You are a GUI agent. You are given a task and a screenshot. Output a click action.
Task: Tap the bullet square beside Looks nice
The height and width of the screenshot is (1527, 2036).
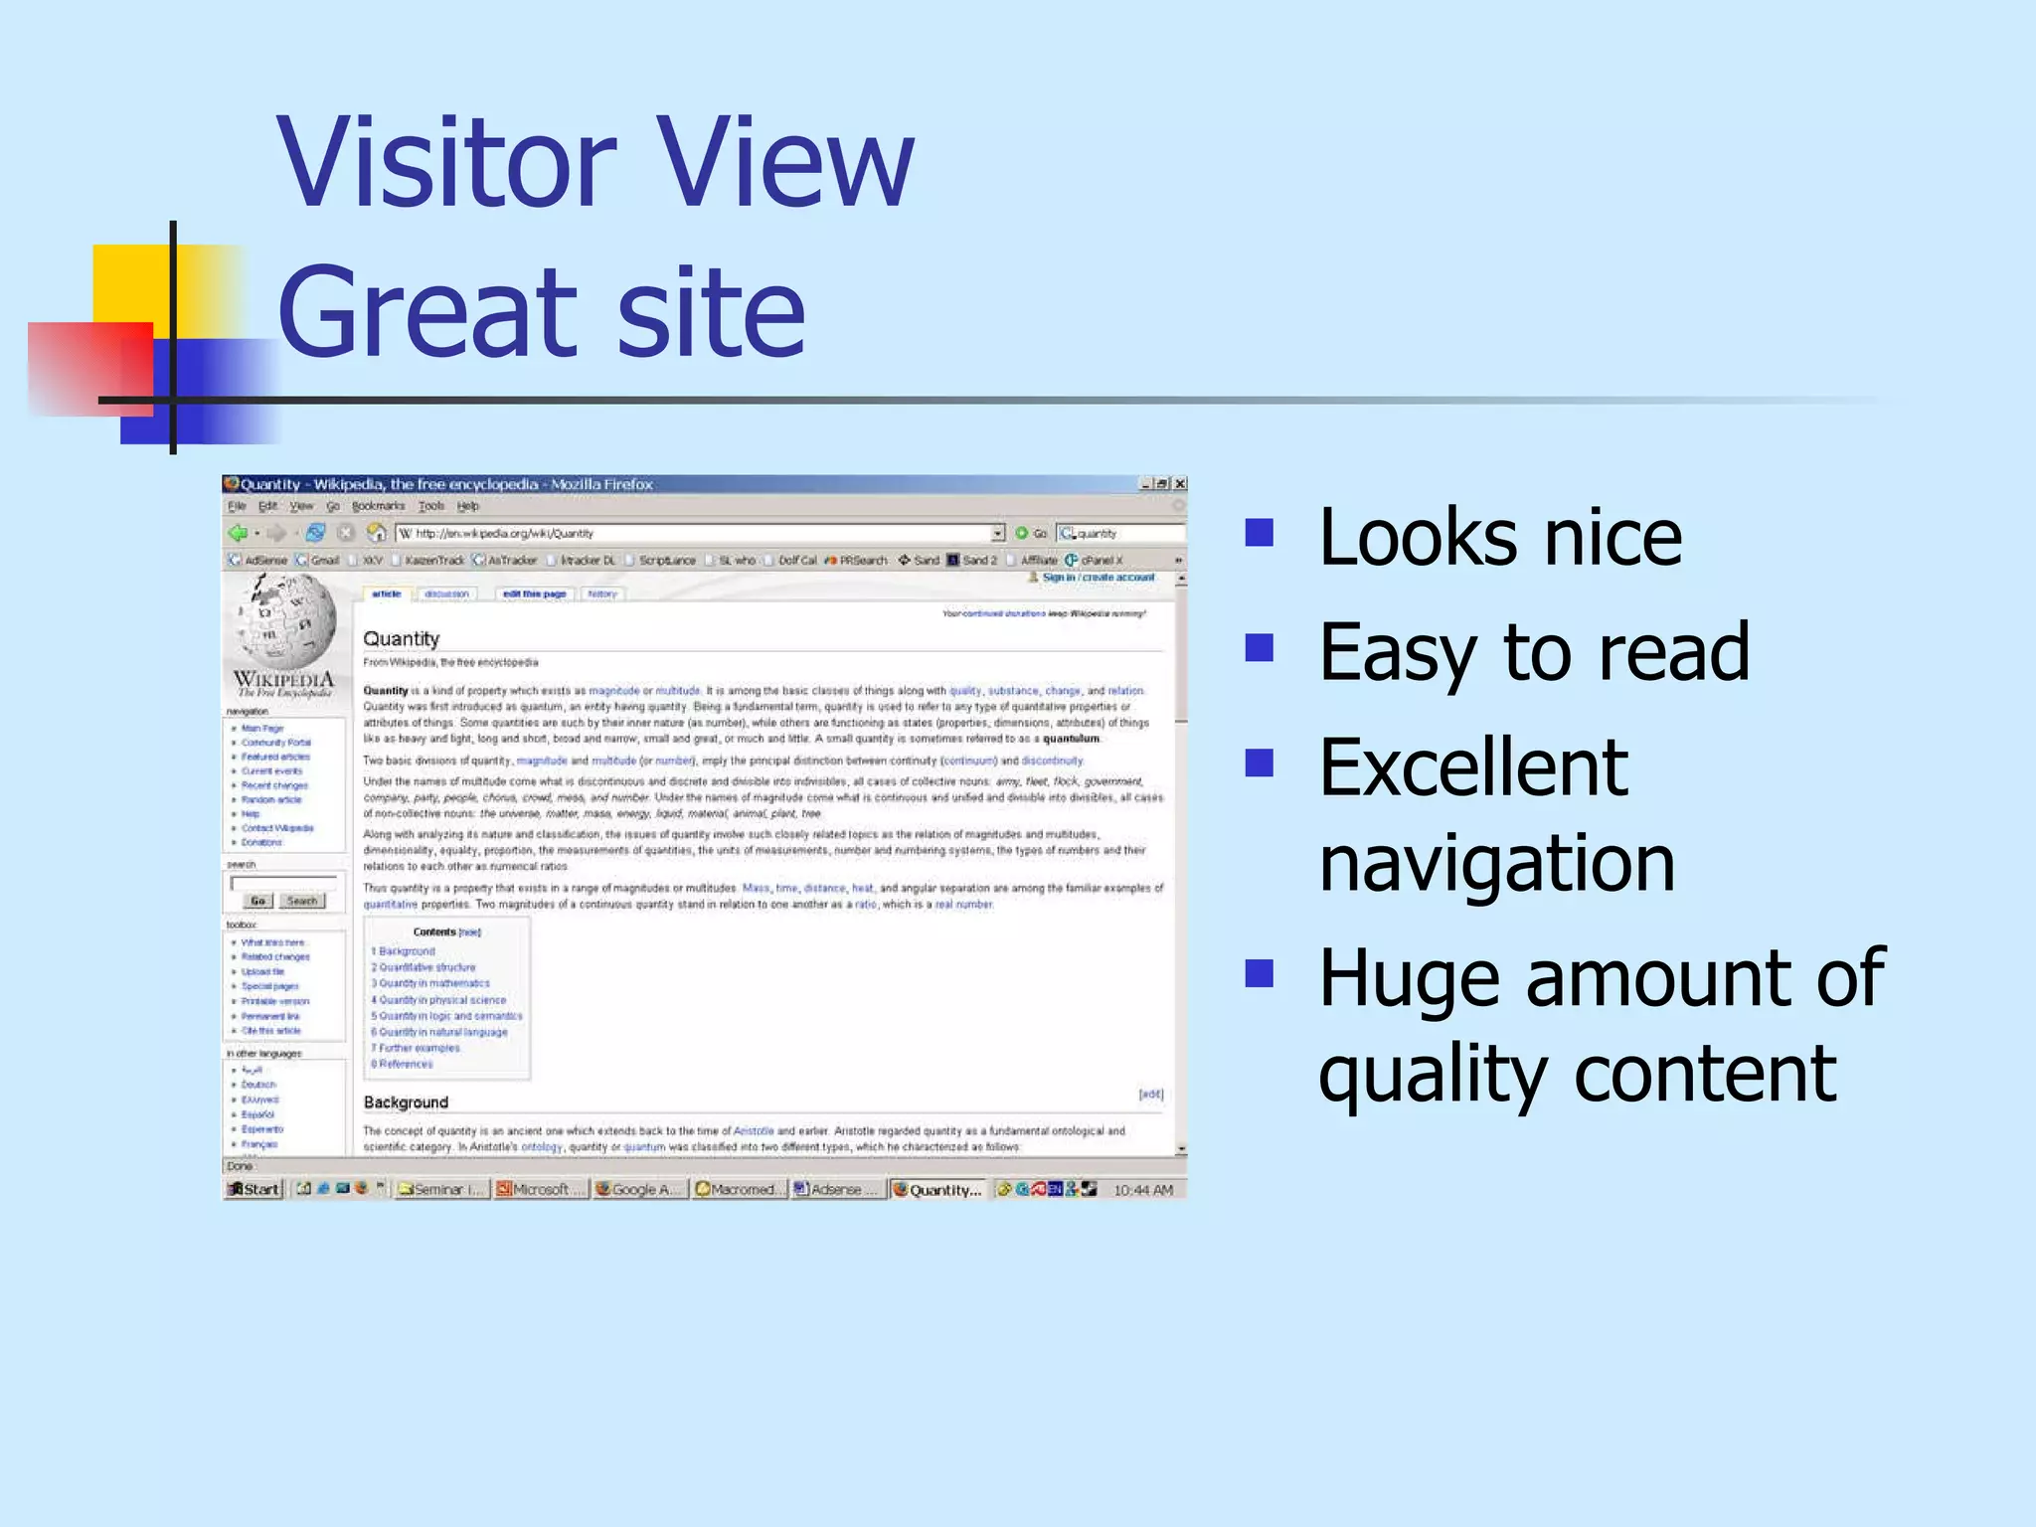pos(1260,534)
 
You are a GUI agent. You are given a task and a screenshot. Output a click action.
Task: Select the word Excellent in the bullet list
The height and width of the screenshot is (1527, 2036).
pos(1473,768)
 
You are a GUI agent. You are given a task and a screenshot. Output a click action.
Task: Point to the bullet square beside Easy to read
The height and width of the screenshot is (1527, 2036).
pos(1260,648)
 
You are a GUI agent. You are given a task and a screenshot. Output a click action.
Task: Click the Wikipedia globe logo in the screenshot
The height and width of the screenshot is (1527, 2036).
pos(285,620)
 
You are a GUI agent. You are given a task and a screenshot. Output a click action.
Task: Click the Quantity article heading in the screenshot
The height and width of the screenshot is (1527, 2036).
pos(401,639)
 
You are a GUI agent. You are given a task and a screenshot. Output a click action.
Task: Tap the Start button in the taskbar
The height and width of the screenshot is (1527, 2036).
pos(254,1189)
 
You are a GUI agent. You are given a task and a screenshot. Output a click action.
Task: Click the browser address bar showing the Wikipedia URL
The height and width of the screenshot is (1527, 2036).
pos(696,534)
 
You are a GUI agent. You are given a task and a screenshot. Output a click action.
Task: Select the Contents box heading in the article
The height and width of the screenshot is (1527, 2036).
pos(434,933)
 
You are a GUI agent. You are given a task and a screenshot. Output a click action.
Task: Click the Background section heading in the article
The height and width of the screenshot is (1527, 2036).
pos(406,1103)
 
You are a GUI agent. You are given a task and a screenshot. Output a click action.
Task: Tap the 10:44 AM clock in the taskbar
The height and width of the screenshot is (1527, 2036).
pos(1143,1190)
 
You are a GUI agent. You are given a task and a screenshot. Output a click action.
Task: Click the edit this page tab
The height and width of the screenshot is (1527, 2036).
pos(534,594)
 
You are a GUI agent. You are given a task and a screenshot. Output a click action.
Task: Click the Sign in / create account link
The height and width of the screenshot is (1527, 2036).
pos(1098,578)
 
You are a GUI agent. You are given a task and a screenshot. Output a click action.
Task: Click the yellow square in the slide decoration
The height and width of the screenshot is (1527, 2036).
pos(131,283)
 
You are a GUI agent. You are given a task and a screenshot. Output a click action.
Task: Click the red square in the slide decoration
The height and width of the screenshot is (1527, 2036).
pos(89,366)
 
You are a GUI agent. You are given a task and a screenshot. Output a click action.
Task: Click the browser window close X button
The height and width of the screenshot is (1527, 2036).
pos(1180,484)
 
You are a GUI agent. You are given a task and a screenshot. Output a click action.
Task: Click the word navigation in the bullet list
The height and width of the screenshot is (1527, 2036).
pos(1496,863)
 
